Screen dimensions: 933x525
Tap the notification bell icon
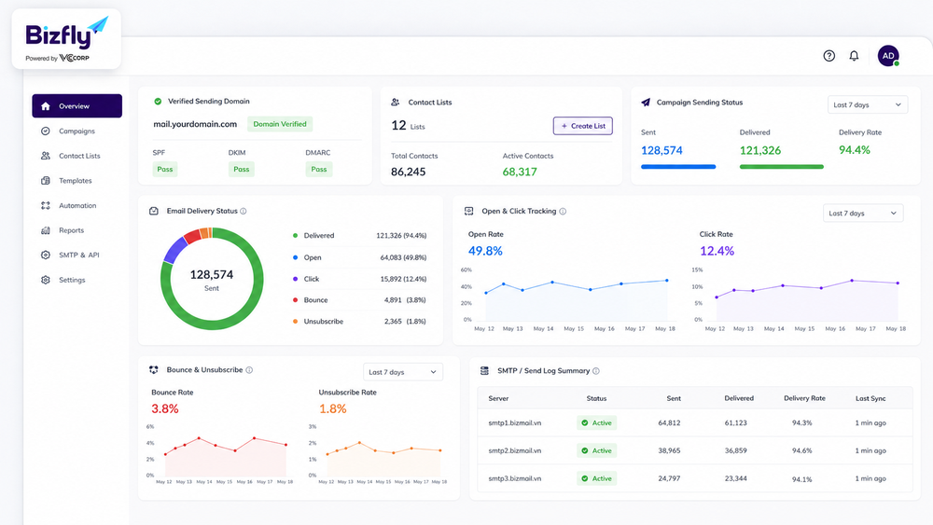pos(854,56)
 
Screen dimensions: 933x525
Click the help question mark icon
pos(829,56)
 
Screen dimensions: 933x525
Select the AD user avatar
pos(888,56)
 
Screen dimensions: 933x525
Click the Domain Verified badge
pos(280,124)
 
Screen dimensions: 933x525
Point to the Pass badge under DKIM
pos(241,170)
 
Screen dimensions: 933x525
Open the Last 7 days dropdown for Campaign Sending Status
pos(868,104)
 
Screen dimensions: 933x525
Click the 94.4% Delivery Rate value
pos(855,150)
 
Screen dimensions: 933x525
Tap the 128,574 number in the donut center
pos(211,275)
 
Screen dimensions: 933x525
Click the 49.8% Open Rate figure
pos(485,251)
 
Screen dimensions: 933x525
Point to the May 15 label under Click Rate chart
pos(804,329)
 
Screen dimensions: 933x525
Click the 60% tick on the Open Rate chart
pos(466,269)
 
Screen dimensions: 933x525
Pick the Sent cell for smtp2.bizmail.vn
pos(669,450)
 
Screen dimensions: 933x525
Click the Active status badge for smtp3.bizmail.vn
pos(597,478)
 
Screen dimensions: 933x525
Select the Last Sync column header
pos(870,398)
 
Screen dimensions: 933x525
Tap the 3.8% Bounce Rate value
pos(165,408)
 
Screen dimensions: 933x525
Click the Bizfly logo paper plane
pos(98,25)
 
